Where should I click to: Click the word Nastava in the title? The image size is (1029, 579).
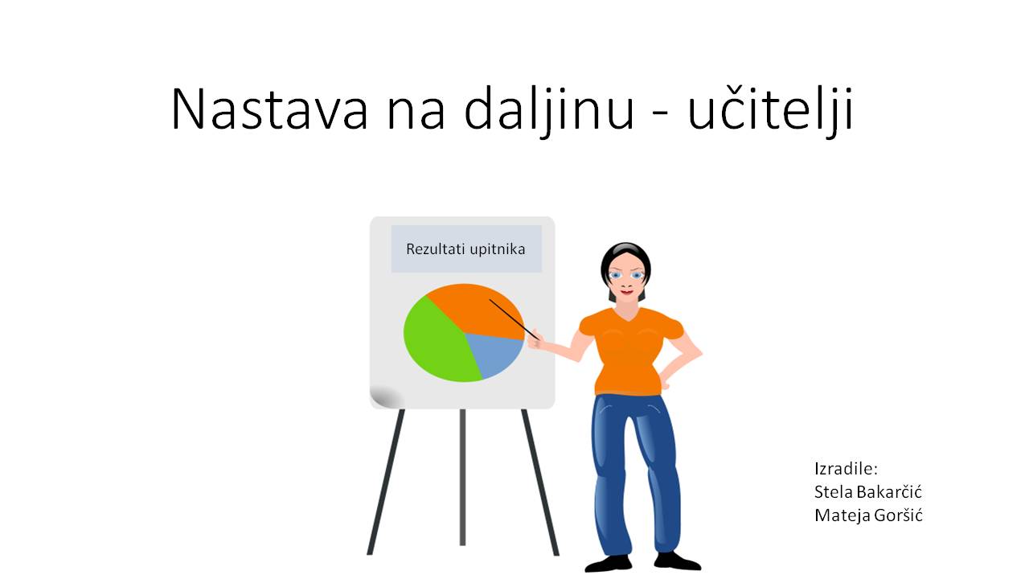(269, 109)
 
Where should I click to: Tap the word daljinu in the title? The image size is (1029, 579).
(549, 110)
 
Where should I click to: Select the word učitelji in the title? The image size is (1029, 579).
(770, 110)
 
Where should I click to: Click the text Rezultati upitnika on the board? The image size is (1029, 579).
(465, 249)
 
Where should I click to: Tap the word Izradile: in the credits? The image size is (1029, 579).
(846, 469)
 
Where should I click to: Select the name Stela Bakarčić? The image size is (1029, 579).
(867, 492)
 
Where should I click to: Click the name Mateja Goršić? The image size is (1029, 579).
(868, 515)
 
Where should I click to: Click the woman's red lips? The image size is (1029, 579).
(626, 292)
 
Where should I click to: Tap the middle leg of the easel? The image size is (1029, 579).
(462, 477)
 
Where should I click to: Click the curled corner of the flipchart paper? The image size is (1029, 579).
(385, 397)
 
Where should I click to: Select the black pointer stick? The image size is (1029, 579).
(514, 320)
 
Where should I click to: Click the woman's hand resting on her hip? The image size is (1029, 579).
(664, 382)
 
